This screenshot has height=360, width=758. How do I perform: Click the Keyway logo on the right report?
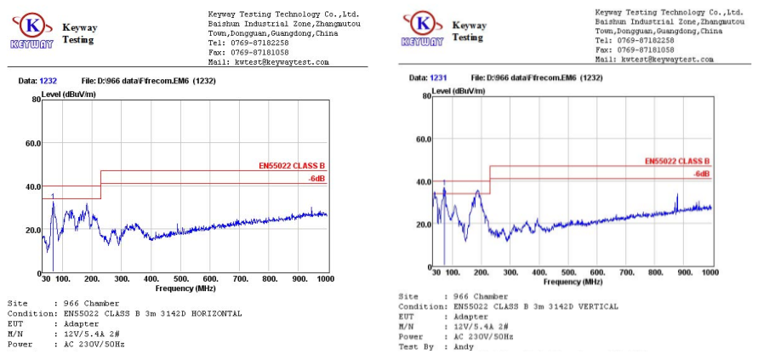[422, 27]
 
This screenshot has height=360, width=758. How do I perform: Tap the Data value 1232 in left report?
[48, 81]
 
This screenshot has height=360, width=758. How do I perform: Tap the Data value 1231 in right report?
[438, 77]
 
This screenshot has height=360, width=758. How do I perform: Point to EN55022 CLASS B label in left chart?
[292, 166]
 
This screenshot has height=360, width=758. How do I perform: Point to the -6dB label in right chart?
[701, 174]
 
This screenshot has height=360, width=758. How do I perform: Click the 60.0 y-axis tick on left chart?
[31, 143]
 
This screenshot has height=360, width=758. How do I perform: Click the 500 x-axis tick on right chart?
[567, 272]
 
